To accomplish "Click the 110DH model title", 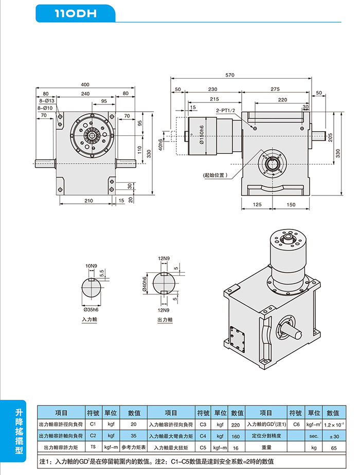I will (x=76, y=14).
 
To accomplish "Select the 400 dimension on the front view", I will (x=85, y=84).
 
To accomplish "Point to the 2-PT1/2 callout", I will (x=225, y=111).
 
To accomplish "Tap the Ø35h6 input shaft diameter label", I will (x=91, y=310).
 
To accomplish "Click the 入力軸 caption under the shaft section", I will (x=89, y=320).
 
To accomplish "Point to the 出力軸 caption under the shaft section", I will (x=165, y=320).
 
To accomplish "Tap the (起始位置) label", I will (x=215, y=175).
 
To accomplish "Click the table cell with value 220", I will (x=236, y=425).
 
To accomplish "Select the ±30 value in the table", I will (x=333, y=436).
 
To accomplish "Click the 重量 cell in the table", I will (x=266, y=447).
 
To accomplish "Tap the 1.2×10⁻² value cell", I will (x=333, y=425).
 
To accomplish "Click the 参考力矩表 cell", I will (x=134, y=447).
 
